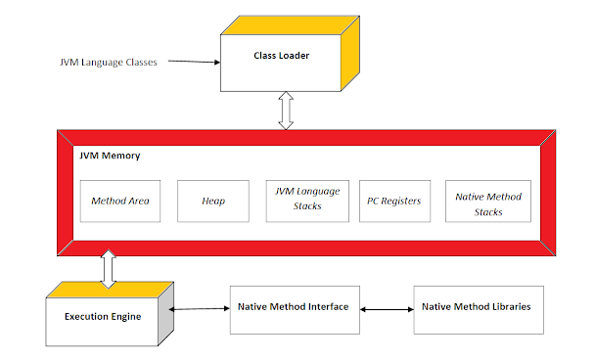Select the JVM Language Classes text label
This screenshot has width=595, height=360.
coord(107,62)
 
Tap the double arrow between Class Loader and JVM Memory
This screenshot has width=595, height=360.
coord(286,112)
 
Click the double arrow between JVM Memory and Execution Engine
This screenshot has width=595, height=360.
coord(108,268)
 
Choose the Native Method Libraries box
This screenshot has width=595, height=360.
coord(476,307)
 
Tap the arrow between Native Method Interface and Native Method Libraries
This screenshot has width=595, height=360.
coord(387,309)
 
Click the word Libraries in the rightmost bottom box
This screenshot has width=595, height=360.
coord(508,307)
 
